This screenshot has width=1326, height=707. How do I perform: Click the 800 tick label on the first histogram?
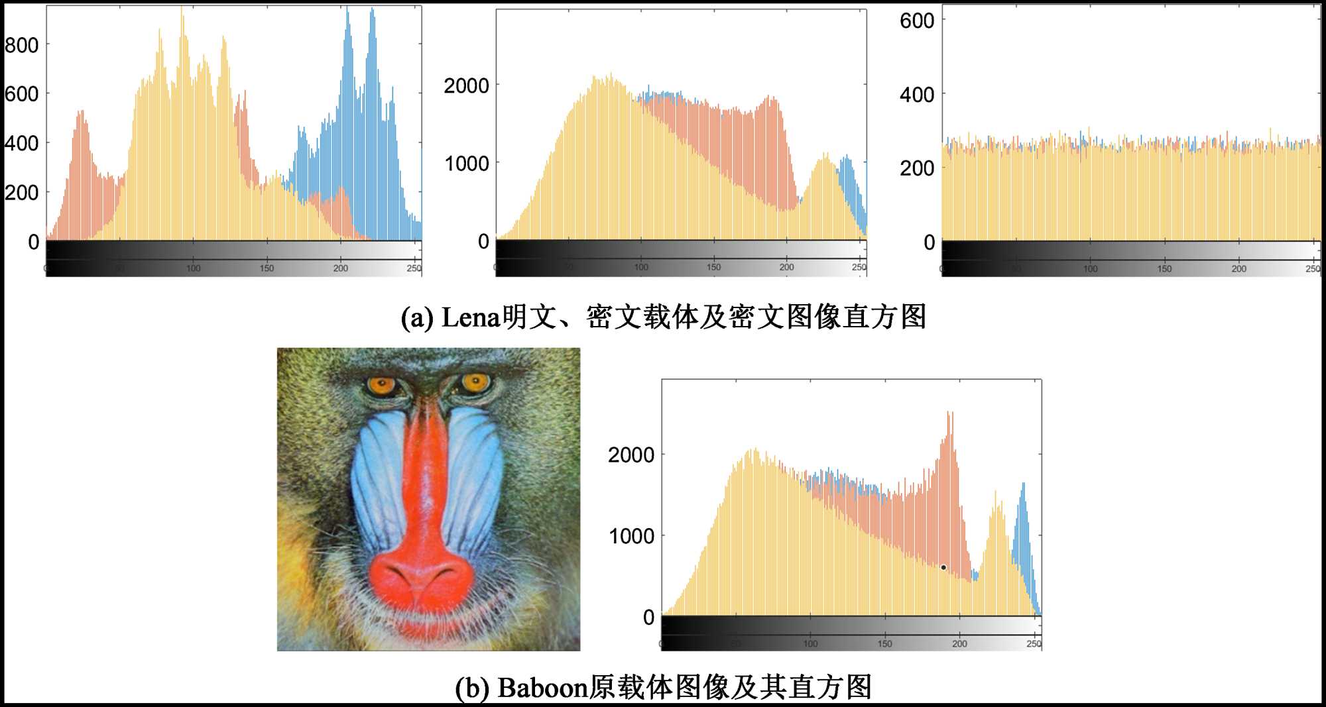pos(21,45)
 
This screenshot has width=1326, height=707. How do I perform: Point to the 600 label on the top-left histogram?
pos(21,94)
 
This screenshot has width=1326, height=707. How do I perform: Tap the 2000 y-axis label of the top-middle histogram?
pos(466,85)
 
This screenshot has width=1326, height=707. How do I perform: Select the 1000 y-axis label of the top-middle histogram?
pos(466,164)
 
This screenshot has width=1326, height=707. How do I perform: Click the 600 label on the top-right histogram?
pos(917,21)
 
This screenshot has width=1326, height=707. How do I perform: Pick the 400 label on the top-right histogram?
pos(917,95)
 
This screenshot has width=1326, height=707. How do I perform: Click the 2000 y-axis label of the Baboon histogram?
pos(631,455)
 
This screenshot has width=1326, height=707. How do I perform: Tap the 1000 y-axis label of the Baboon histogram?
pos(631,536)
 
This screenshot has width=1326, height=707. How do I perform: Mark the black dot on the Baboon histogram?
pos(943,567)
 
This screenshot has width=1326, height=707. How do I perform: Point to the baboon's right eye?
pos(475,382)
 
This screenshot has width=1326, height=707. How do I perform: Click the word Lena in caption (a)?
pos(470,317)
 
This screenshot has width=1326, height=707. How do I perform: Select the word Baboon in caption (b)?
pos(542,688)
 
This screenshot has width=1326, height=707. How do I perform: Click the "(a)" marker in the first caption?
pos(417,318)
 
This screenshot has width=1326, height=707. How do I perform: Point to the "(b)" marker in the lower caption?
pos(472,688)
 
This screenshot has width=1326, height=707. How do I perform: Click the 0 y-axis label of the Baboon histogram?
pos(648,618)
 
